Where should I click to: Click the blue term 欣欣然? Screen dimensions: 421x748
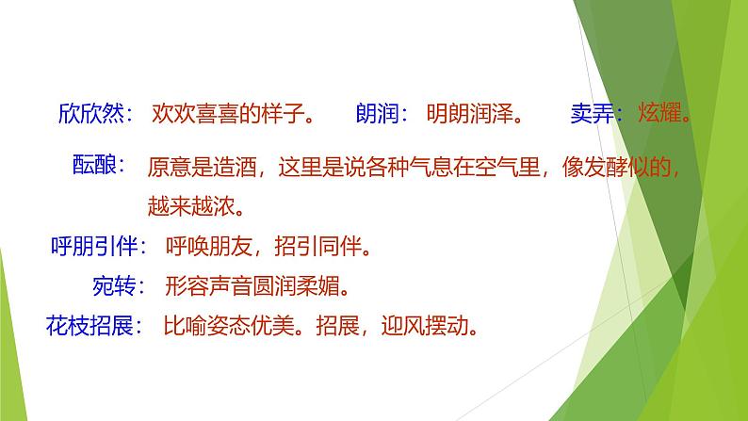click(90, 115)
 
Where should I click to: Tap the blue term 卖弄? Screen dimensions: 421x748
click(591, 115)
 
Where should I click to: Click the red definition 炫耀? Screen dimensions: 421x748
click(659, 115)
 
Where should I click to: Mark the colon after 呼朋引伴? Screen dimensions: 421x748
click(142, 250)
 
